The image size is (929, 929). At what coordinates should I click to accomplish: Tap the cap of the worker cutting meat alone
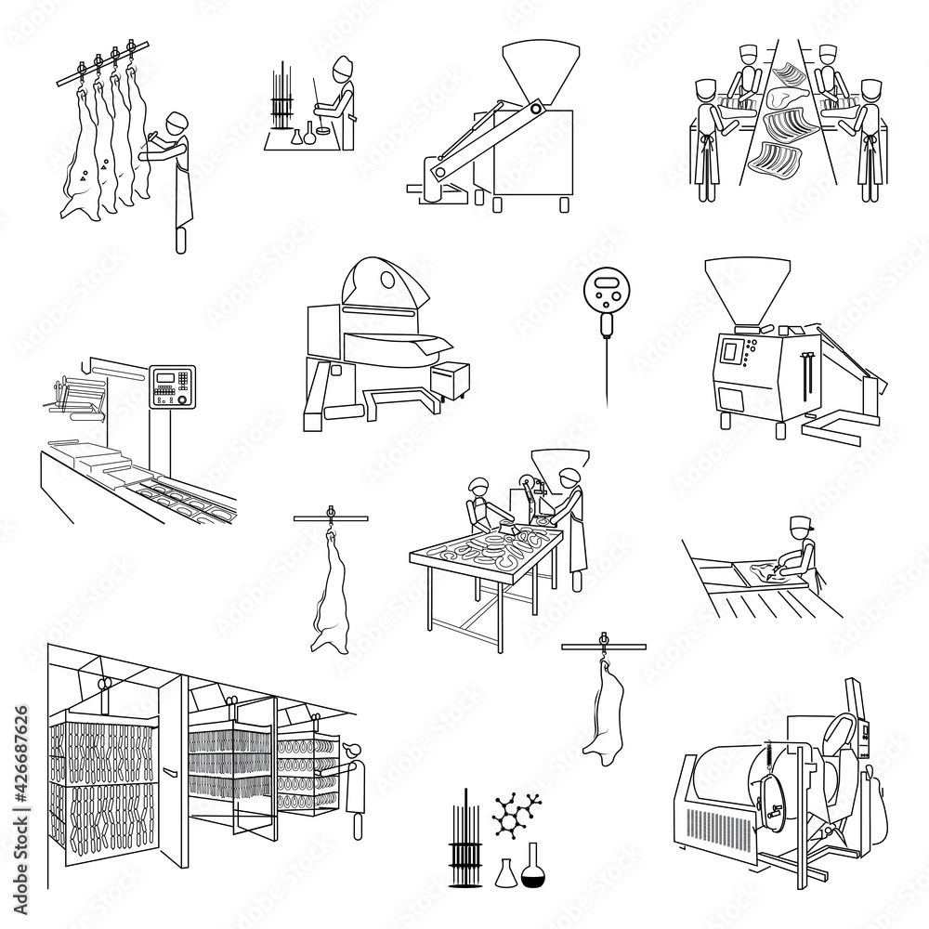tap(799, 525)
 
